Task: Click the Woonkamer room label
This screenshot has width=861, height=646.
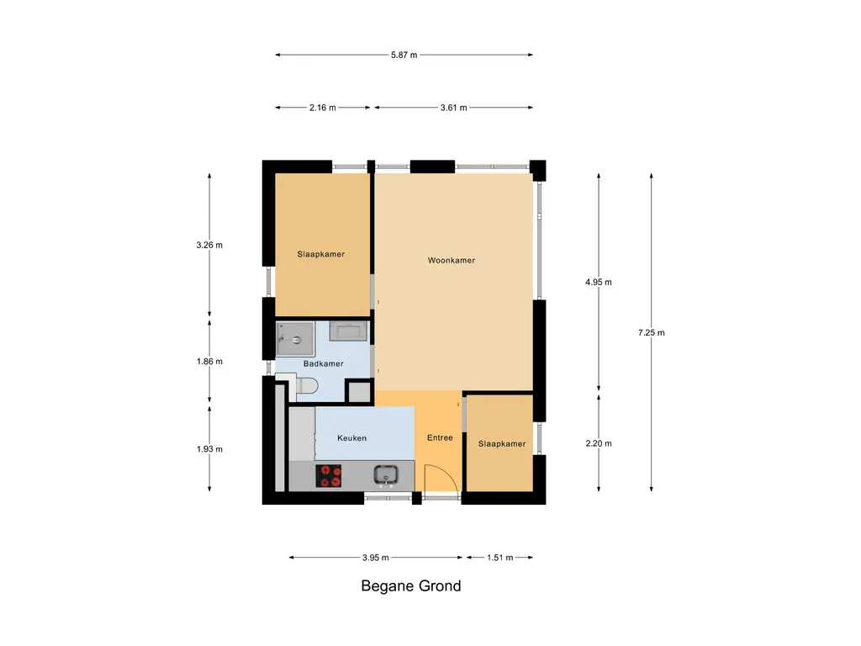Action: pyautogui.click(x=452, y=261)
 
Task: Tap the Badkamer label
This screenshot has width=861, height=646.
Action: pyautogui.click(x=324, y=363)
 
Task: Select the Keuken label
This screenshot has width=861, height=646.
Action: pyautogui.click(x=352, y=437)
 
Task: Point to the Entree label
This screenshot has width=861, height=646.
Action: pyautogui.click(x=440, y=437)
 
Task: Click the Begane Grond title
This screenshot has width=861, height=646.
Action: pyautogui.click(x=410, y=585)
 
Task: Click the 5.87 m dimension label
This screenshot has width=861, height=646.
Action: pyautogui.click(x=404, y=55)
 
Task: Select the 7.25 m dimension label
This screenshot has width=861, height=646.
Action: pyautogui.click(x=652, y=332)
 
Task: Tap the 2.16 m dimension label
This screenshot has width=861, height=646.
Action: pyautogui.click(x=322, y=108)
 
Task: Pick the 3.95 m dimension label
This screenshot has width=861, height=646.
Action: pyautogui.click(x=376, y=558)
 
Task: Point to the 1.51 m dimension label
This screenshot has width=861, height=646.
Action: pyautogui.click(x=499, y=558)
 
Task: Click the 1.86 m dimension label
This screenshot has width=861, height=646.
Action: pyautogui.click(x=209, y=362)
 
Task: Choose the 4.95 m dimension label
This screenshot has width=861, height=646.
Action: pyautogui.click(x=599, y=282)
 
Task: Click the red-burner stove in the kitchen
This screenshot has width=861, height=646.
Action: pyautogui.click(x=329, y=476)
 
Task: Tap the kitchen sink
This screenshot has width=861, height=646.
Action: pyautogui.click(x=386, y=476)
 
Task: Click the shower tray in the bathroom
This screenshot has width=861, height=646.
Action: pyautogui.click(x=295, y=339)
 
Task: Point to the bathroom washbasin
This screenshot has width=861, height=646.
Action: pyautogui.click(x=348, y=331)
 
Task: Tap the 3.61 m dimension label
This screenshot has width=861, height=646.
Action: pyautogui.click(x=453, y=108)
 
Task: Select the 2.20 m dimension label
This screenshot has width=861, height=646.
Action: pyautogui.click(x=599, y=443)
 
